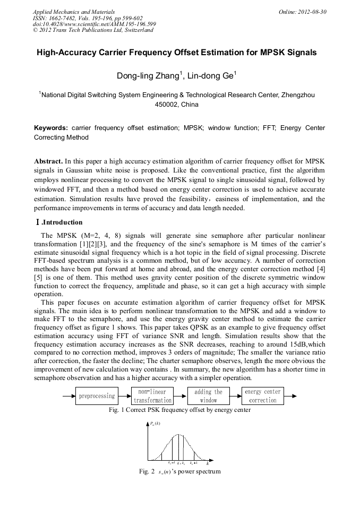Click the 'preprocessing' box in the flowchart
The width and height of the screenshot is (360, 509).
tap(97, 396)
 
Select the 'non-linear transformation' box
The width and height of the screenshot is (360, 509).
tap(152, 396)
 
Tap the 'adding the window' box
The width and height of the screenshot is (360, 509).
tap(209, 396)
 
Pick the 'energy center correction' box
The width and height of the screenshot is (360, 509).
tap(263, 396)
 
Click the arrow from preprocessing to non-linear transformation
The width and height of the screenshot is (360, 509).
tap(125, 396)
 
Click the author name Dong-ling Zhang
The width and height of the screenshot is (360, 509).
tap(149, 76)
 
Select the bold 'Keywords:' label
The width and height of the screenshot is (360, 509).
tap(51, 128)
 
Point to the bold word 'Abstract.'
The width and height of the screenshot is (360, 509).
tap(49, 161)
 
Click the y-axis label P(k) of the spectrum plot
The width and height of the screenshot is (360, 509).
tap(155, 423)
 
